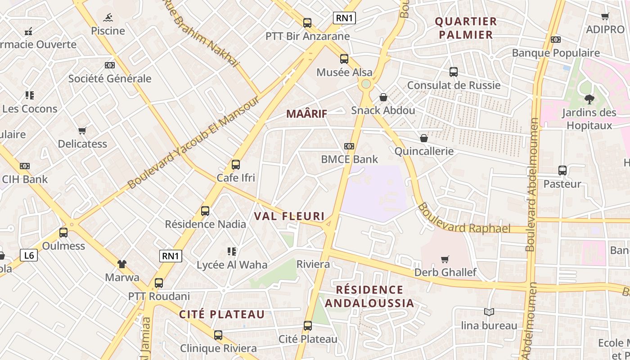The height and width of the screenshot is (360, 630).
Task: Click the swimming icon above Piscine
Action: point(108,18)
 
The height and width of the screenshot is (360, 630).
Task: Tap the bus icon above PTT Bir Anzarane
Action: point(307,23)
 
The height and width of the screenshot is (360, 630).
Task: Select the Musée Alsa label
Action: point(344,72)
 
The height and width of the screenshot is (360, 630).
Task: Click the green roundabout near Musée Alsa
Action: point(366,84)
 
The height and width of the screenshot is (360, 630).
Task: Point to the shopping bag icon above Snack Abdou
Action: point(383,97)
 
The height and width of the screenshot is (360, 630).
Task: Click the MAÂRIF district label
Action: point(306,114)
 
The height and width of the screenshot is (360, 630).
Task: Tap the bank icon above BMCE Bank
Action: point(349,146)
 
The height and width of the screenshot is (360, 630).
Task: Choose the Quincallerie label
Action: point(424,151)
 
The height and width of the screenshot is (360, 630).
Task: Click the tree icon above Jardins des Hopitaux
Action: point(589,99)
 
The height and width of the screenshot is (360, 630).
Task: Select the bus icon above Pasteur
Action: point(562,171)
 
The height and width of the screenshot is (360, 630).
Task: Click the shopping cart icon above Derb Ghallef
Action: point(445,259)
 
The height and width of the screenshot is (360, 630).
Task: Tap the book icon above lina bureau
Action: point(489,312)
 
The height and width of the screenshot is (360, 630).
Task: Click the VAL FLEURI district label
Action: point(289,216)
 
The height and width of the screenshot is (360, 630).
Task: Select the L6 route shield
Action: point(29,256)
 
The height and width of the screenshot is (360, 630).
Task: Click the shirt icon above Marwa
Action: point(122,264)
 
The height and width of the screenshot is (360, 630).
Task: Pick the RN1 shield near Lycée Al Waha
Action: point(171,256)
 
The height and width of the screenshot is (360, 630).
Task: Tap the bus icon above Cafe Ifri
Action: point(236,165)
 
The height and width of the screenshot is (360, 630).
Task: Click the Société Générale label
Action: point(110,79)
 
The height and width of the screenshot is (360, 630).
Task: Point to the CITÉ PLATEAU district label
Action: point(222,315)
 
